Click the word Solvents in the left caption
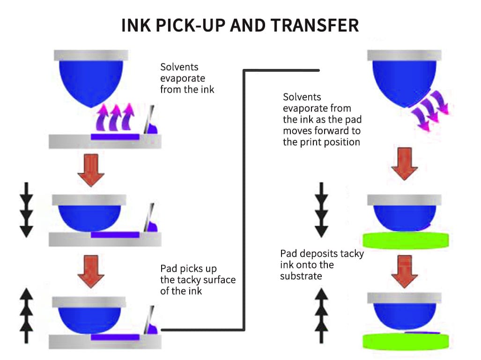178,67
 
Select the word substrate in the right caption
301,276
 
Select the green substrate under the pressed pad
405,240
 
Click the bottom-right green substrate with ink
405,341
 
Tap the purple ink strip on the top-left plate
115,137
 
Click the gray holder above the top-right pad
404,55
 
